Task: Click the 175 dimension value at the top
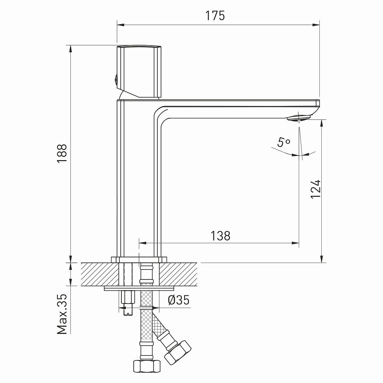pos(215,16)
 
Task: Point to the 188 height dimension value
pos(62,153)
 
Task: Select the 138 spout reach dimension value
pos(220,236)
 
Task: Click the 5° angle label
pos(283,142)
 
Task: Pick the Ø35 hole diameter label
pos(178,300)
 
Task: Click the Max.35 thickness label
pos(62,314)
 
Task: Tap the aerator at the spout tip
pos(298,118)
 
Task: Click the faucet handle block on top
pos(139,71)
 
